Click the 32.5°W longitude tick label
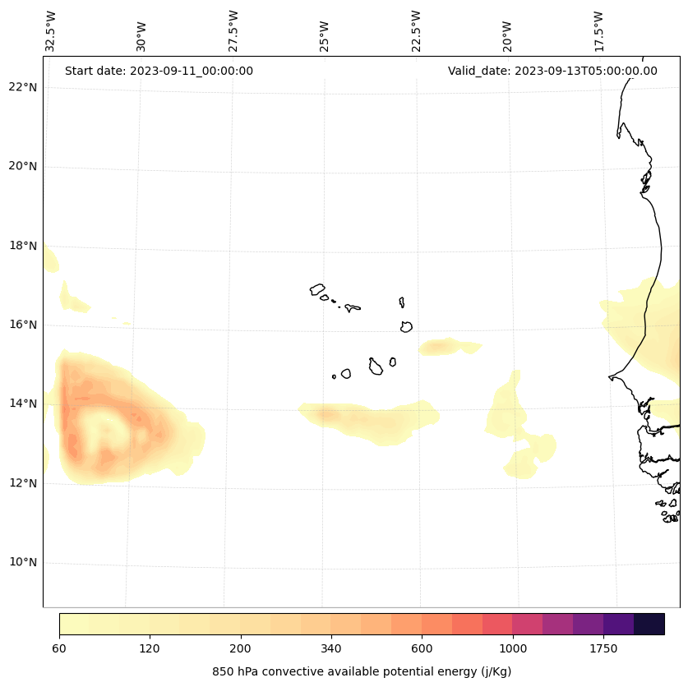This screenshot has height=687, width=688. (51, 30)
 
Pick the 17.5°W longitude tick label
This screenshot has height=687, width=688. (598, 30)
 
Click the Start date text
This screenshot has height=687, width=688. (159, 71)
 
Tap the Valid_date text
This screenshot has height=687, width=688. (552, 71)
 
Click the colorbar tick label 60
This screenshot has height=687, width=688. (59, 649)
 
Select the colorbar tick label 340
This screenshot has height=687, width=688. (331, 649)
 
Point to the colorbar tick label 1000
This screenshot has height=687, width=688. (513, 649)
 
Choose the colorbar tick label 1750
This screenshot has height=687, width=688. (603, 649)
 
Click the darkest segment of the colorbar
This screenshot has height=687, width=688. (649, 624)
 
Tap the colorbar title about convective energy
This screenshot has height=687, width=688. (362, 671)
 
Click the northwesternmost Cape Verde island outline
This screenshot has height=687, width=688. (317, 289)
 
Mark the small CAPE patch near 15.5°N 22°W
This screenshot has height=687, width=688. (448, 347)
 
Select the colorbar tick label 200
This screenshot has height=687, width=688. (241, 649)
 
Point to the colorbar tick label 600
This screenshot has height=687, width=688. (422, 649)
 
